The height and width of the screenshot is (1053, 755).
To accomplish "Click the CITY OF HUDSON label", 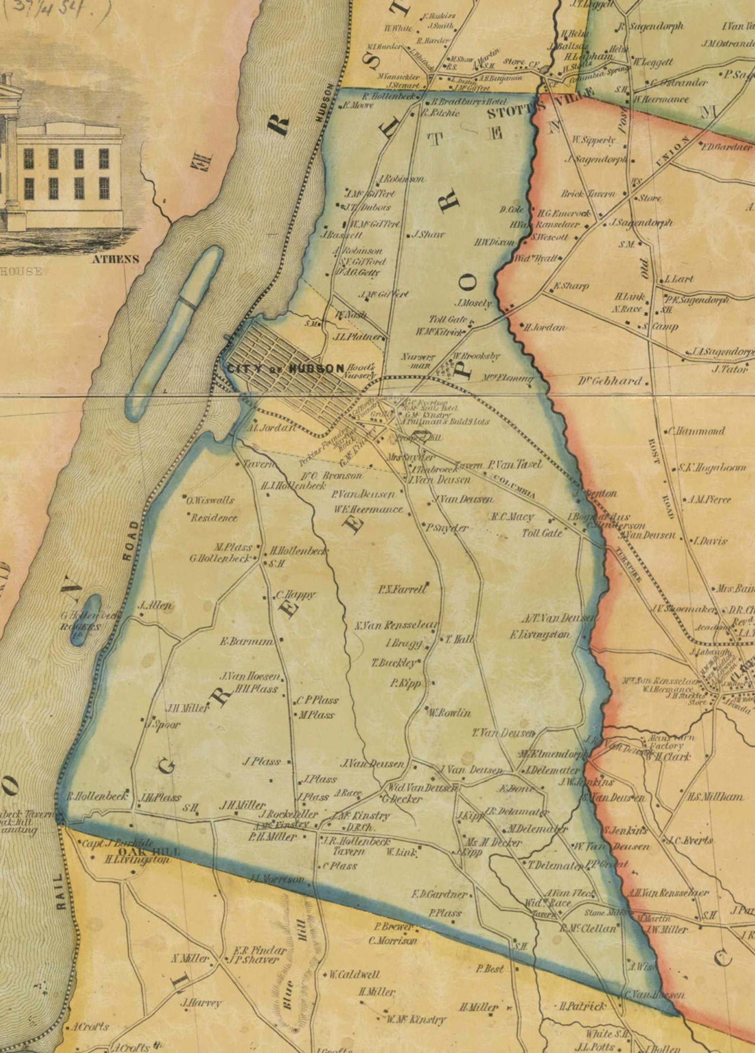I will [285, 368].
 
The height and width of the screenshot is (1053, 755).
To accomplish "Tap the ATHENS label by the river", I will [116, 259].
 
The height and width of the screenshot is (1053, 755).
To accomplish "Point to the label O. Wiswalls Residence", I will [211, 509].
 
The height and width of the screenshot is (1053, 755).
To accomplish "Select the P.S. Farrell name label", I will [402, 590].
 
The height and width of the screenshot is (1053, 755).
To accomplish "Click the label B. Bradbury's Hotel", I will [469, 102].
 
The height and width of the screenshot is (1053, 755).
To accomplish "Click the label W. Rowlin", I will [449, 713].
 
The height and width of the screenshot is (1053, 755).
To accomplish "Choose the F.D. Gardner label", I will [439, 894].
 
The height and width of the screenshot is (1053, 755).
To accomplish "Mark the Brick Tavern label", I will [588, 194].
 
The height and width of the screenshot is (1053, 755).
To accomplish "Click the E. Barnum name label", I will [246, 641].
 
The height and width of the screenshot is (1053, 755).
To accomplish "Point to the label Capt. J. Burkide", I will [117, 843].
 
